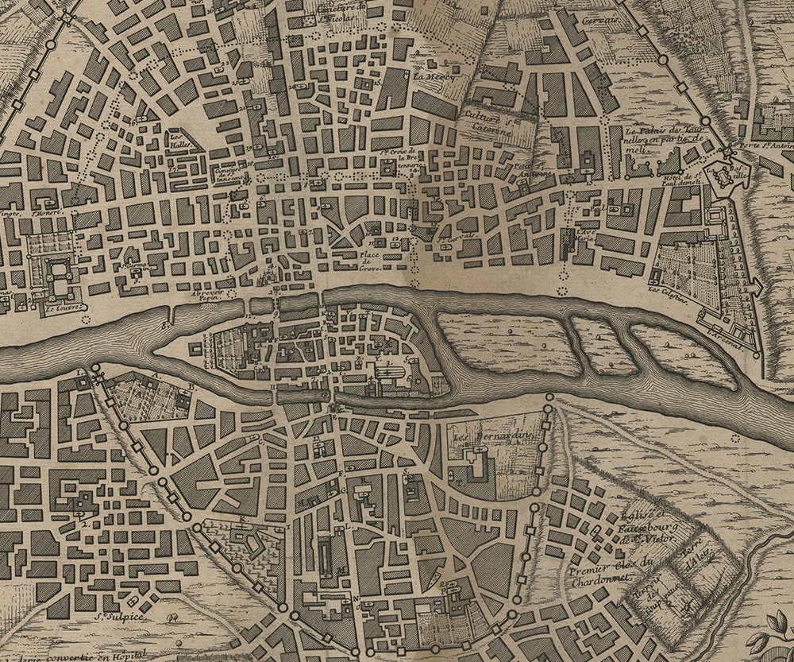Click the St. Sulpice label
pyautogui.click(x=113, y=615)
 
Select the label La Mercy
pyautogui.click(x=430, y=77)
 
